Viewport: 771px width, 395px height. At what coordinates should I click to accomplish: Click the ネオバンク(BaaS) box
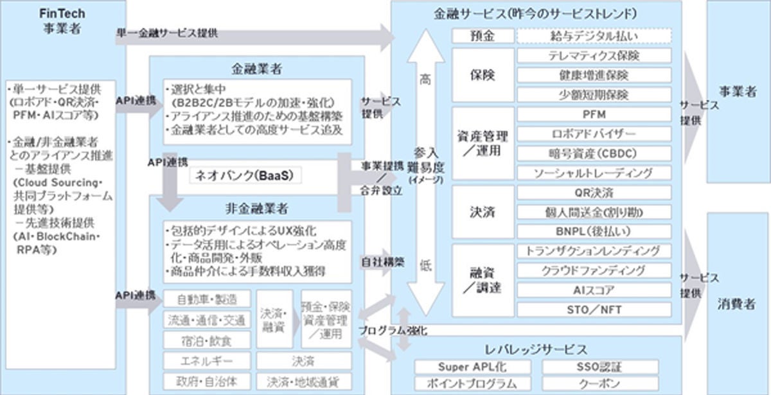click(x=246, y=175)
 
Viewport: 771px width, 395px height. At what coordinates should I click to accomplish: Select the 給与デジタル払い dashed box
click(x=594, y=35)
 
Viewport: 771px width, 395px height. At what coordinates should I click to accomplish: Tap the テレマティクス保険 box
click(x=594, y=56)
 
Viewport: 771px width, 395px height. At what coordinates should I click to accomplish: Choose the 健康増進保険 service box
click(x=594, y=75)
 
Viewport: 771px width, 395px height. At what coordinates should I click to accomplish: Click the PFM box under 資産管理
click(x=594, y=115)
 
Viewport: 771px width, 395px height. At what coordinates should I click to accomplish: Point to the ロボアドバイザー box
click(x=594, y=134)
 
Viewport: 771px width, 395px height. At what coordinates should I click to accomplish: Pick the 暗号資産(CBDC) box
click(x=594, y=154)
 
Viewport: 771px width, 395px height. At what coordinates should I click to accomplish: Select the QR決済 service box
click(x=594, y=193)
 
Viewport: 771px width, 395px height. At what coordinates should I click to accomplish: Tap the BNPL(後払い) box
click(x=594, y=231)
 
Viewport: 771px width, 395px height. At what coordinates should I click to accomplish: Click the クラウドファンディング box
click(x=594, y=270)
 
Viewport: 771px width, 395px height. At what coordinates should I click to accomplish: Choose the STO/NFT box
click(x=594, y=310)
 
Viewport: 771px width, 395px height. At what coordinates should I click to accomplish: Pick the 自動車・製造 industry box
click(x=207, y=299)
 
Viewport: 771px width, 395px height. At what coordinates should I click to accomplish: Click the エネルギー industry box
click(x=207, y=360)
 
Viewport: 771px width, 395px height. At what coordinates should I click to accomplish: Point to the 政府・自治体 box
click(x=207, y=381)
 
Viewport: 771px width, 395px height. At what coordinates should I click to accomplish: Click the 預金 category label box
click(x=483, y=35)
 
